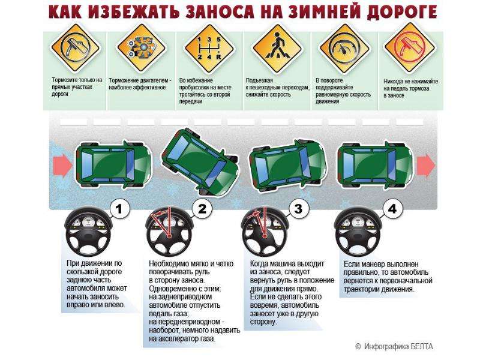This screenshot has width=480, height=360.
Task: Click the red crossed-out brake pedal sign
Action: (410, 47)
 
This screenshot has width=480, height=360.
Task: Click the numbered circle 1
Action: (119, 209)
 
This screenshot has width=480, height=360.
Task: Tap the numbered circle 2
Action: (202, 209)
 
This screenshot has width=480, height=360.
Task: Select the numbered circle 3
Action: (298, 209)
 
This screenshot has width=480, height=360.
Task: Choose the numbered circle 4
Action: (392, 209)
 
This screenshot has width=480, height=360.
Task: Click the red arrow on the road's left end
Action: (63, 166)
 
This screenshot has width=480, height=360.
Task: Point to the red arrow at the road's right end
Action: (426, 165)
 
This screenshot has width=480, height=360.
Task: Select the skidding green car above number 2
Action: (199, 162)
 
